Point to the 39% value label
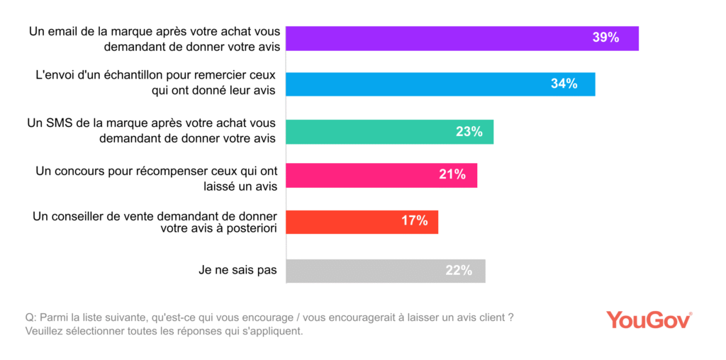pyautogui.click(x=605, y=38)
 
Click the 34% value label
pyautogui.click(x=564, y=84)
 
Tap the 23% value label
pyautogui.click(x=469, y=131)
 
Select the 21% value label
pyautogui.click(x=452, y=175)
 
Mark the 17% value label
pyautogui.click(x=414, y=221)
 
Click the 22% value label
pyautogui.click(x=459, y=270)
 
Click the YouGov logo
pyautogui.click(x=649, y=320)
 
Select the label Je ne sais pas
pyautogui.click(x=238, y=269)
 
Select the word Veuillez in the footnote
pyautogui.click(x=45, y=331)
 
